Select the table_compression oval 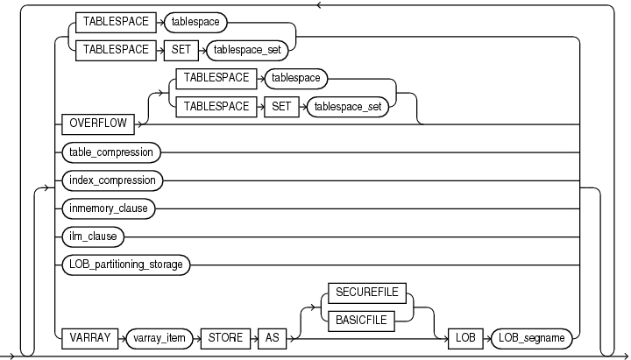click(112, 152)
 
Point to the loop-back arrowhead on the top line click(321, 4)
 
